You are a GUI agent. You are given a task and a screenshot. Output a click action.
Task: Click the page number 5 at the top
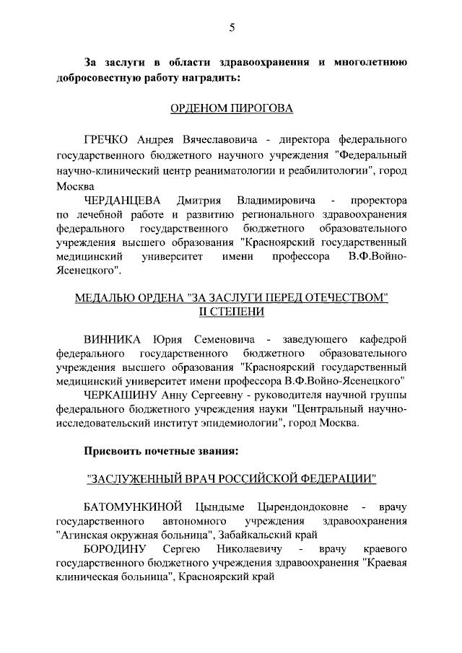tap(232, 27)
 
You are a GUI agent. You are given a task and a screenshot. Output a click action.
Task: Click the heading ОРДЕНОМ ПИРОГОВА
tap(232, 109)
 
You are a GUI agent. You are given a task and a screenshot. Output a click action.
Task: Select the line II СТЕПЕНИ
tap(232, 311)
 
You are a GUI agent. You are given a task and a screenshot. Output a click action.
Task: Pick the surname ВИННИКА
tap(112, 339)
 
